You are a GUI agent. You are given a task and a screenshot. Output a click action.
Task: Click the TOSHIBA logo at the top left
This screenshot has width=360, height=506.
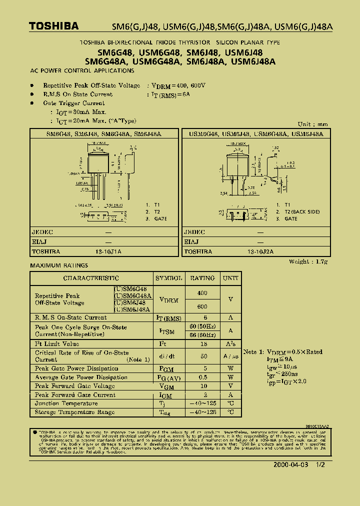(x=53, y=26)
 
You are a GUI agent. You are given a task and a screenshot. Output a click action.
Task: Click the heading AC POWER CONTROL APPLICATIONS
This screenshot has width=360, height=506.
(x=82, y=71)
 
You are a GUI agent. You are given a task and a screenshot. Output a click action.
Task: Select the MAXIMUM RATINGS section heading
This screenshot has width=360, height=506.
(x=59, y=265)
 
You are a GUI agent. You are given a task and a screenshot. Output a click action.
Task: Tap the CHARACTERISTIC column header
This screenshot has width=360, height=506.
(x=91, y=278)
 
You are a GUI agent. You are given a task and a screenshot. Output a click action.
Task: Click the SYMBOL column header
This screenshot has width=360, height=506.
(x=169, y=278)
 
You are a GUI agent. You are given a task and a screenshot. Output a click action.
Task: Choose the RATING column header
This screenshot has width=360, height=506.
(x=202, y=278)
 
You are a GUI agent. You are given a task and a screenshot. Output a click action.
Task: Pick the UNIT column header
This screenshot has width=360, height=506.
(x=230, y=278)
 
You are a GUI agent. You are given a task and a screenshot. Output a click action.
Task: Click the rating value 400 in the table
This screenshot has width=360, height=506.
(x=202, y=293)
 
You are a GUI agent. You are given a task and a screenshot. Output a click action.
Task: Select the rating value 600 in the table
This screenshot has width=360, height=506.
(x=202, y=306)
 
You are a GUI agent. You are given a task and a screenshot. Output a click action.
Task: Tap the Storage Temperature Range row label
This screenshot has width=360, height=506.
(x=74, y=412)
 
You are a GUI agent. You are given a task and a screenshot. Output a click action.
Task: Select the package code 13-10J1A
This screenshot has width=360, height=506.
(x=108, y=251)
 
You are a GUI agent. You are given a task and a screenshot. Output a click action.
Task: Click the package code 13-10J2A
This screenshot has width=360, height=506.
(x=260, y=251)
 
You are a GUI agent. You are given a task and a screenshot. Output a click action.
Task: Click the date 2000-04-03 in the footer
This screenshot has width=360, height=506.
(x=291, y=464)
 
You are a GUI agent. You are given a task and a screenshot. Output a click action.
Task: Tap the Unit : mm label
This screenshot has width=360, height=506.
(x=313, y=124)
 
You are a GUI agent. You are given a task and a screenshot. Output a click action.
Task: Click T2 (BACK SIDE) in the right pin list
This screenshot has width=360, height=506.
(x=302, y=211)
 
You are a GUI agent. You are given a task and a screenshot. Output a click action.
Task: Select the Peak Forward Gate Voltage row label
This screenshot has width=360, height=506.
(x=74, y=386)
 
